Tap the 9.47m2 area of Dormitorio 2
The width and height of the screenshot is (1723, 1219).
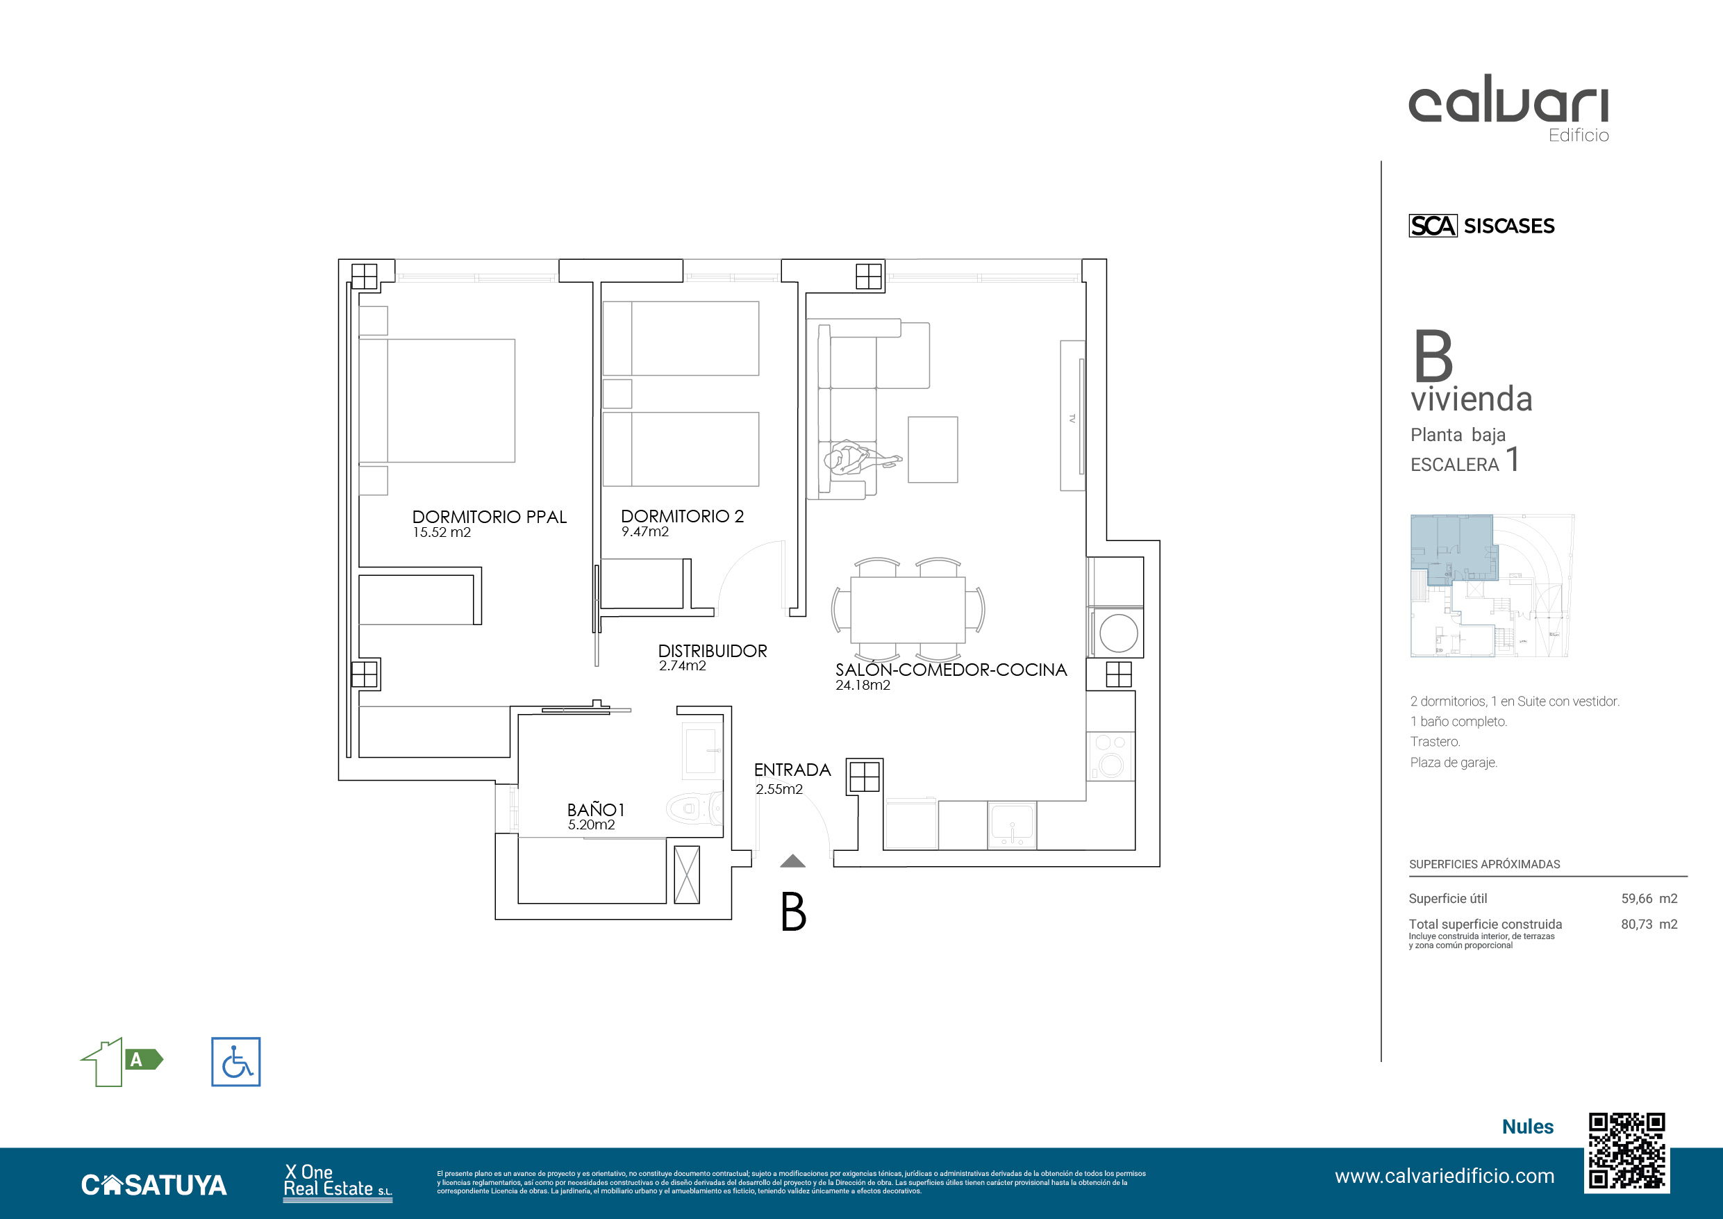click(x=644, y=531)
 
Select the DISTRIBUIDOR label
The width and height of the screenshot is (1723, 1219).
click(x=712, y=651)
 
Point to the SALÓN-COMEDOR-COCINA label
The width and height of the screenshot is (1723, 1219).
click(x=951, y=670)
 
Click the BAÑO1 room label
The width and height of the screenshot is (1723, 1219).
click(x=596, y=810)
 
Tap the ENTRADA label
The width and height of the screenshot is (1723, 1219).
click(x=792, y=770)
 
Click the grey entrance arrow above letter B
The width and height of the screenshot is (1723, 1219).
click(x=792, y=861)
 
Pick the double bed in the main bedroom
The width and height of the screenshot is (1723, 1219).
click(x=437, y=401)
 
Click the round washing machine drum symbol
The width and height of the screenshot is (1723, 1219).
click(x=1118, y=633)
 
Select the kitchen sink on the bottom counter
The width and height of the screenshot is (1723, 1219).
click(x=1012, y=824)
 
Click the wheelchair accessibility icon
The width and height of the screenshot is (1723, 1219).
click(x=235, y=1061)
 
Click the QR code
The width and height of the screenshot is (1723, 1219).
click(x=1626, y=1152)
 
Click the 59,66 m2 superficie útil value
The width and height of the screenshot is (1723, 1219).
click(x=1649, y=899)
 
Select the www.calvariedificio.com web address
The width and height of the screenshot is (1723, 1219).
click(x=1445, y=1176)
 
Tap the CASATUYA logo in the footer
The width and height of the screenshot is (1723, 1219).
click(x=154, y=1184)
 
